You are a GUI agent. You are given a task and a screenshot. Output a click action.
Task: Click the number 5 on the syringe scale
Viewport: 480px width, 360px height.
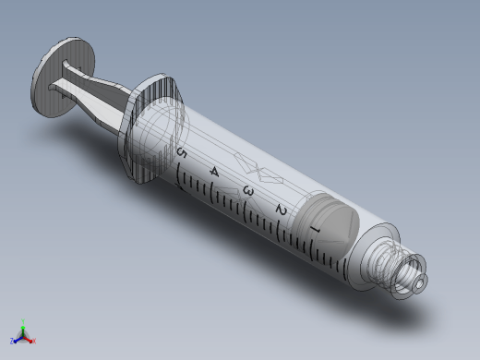pos(182,153)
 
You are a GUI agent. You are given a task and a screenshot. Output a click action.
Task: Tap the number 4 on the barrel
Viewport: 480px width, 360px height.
pos(214,172)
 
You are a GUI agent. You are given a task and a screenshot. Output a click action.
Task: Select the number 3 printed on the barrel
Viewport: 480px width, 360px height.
pos(248,191)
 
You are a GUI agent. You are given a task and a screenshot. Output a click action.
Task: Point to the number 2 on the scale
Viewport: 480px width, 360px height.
pos(282,210)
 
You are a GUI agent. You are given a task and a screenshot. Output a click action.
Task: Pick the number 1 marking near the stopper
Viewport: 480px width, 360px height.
pos(316,229)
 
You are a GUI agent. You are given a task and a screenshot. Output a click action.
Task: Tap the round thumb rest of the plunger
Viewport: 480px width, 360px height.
pos(63,77)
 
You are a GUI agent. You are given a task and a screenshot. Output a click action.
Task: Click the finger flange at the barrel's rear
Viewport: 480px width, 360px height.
pos(150,128)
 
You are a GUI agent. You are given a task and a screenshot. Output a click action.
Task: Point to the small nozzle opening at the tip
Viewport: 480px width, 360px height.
pos(420,282)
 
